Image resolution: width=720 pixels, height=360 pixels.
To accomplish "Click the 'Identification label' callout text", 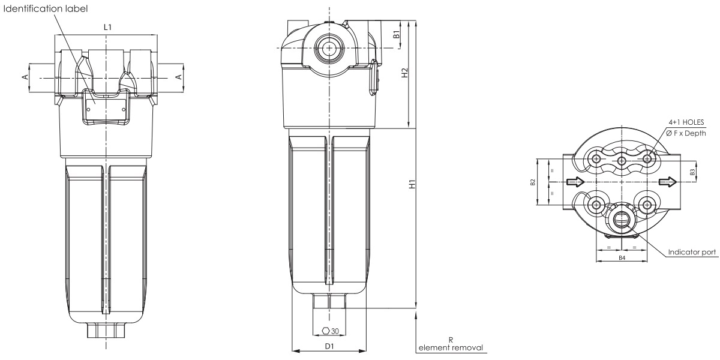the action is [x=46, y=8].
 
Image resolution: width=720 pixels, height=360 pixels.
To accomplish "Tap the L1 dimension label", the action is [x=107, y=28].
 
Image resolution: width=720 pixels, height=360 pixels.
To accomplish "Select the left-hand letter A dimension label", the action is [x=25, y=77].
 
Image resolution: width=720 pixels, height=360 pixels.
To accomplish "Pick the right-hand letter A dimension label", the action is [x=179, y=77].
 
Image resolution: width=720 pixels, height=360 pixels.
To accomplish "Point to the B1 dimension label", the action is [x=397, y=34].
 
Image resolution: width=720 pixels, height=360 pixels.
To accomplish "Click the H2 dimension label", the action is [x=404, y=73].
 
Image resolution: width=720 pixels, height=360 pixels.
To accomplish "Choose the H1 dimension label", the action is [x=412, y=184].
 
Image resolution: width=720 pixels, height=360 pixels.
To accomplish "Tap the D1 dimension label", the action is [x=329, y=346].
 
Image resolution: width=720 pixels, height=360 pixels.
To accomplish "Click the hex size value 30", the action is [x=335, y=331].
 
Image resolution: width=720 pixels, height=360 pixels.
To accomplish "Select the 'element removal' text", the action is [x=451, y=347].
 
